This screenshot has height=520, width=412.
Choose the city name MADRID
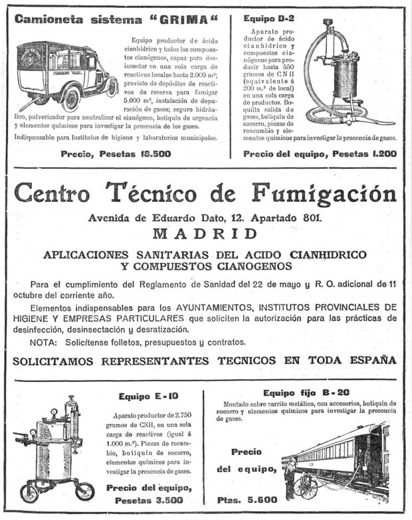205,233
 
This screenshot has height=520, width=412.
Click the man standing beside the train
290,474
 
